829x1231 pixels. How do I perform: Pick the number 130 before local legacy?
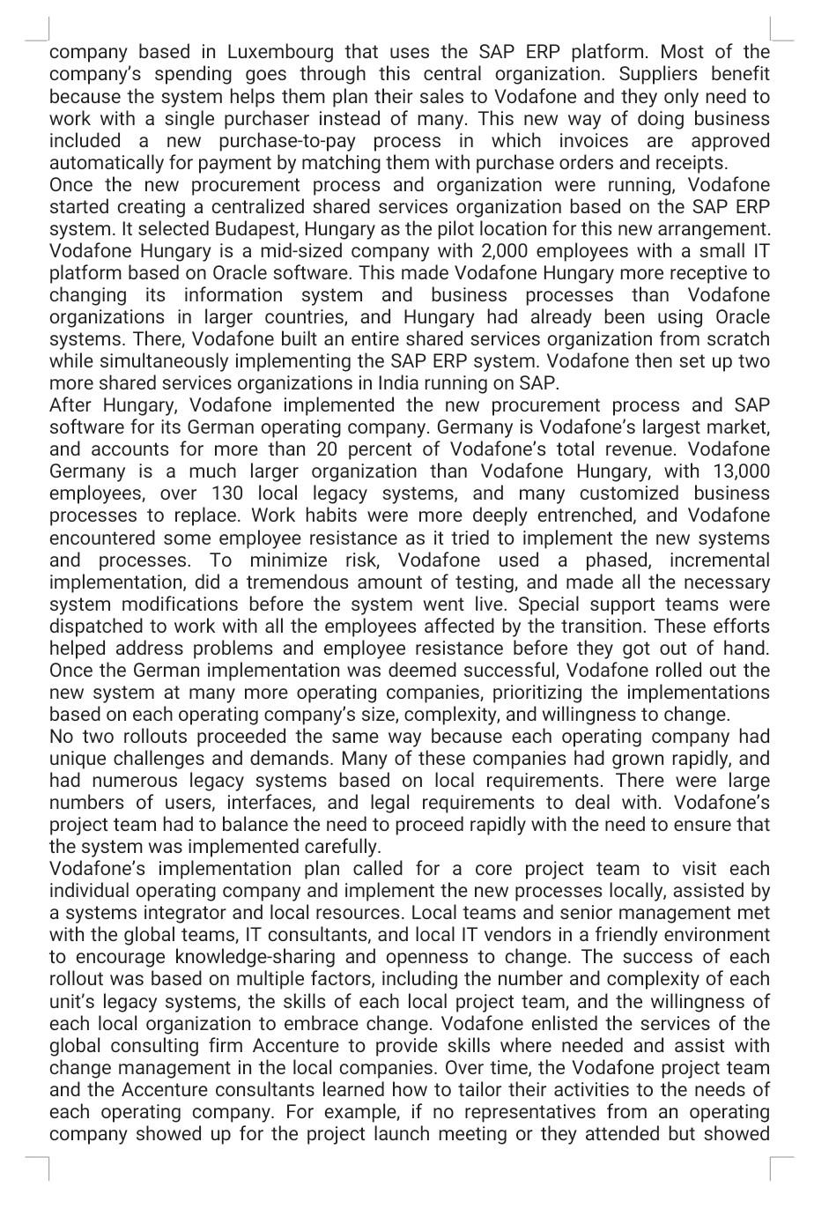click(227, 493)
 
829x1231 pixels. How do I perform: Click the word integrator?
click(211, 913)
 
